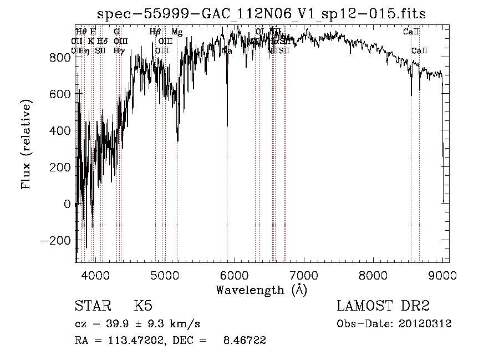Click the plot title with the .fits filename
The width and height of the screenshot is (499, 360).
[262, 14]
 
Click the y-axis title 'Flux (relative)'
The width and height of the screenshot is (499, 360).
[26, 143]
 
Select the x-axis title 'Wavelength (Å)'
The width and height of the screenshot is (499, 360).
[262, 290]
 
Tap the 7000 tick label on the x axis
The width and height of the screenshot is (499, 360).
[304, 275]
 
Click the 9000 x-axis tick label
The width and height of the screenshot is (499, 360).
[442, 275]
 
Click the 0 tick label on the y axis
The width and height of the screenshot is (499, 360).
[68, 204]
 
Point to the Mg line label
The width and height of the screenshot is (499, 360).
[177, 32]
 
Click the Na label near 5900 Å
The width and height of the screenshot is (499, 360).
[227, 51]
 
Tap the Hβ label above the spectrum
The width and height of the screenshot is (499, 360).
[155, 32]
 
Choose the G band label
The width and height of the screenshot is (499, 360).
[116, 32]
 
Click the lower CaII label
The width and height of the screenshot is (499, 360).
[419, 51]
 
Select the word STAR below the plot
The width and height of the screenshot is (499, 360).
[91, 307]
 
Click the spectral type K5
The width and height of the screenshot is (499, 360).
[143, 307]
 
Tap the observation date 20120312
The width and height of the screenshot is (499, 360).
[424, 323]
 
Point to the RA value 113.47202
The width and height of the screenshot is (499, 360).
[130, 341]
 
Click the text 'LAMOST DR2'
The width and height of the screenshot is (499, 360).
[383, 307]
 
